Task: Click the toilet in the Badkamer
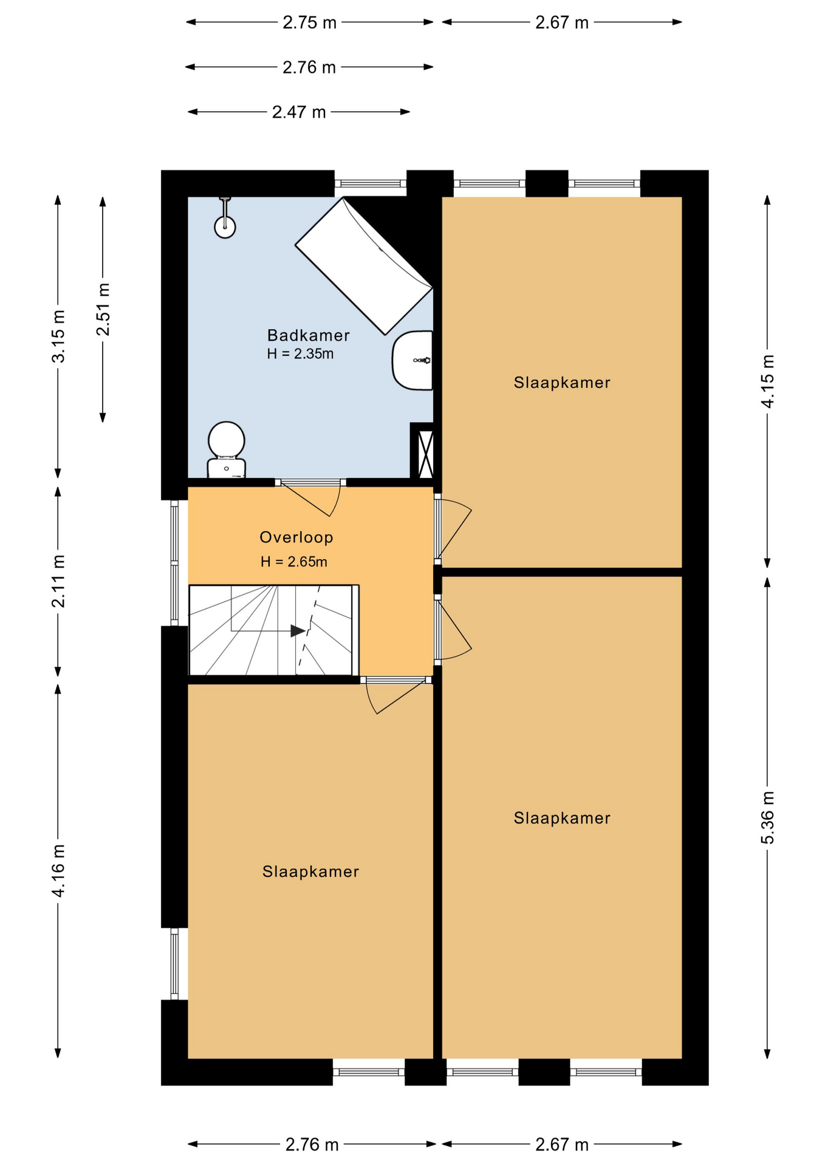click(226, 449)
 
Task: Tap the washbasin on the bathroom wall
click(412, 360)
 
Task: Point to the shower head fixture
click(225, 218)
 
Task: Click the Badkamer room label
click(309, 335)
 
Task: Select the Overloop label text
click(296, 537)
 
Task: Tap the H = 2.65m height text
click(294, 562)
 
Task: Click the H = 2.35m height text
click(300, 353)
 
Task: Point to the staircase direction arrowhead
click(298, 631)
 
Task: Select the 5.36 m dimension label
click(768, 817)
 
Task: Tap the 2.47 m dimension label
click(299, 112)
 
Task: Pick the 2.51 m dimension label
click(103, 309)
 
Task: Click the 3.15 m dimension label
click(58, 336)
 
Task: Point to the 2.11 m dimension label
click(58, 581)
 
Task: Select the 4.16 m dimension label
click(58, 870)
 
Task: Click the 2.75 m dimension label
click(310, 22)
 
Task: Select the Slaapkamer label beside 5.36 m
click(562, 818)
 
